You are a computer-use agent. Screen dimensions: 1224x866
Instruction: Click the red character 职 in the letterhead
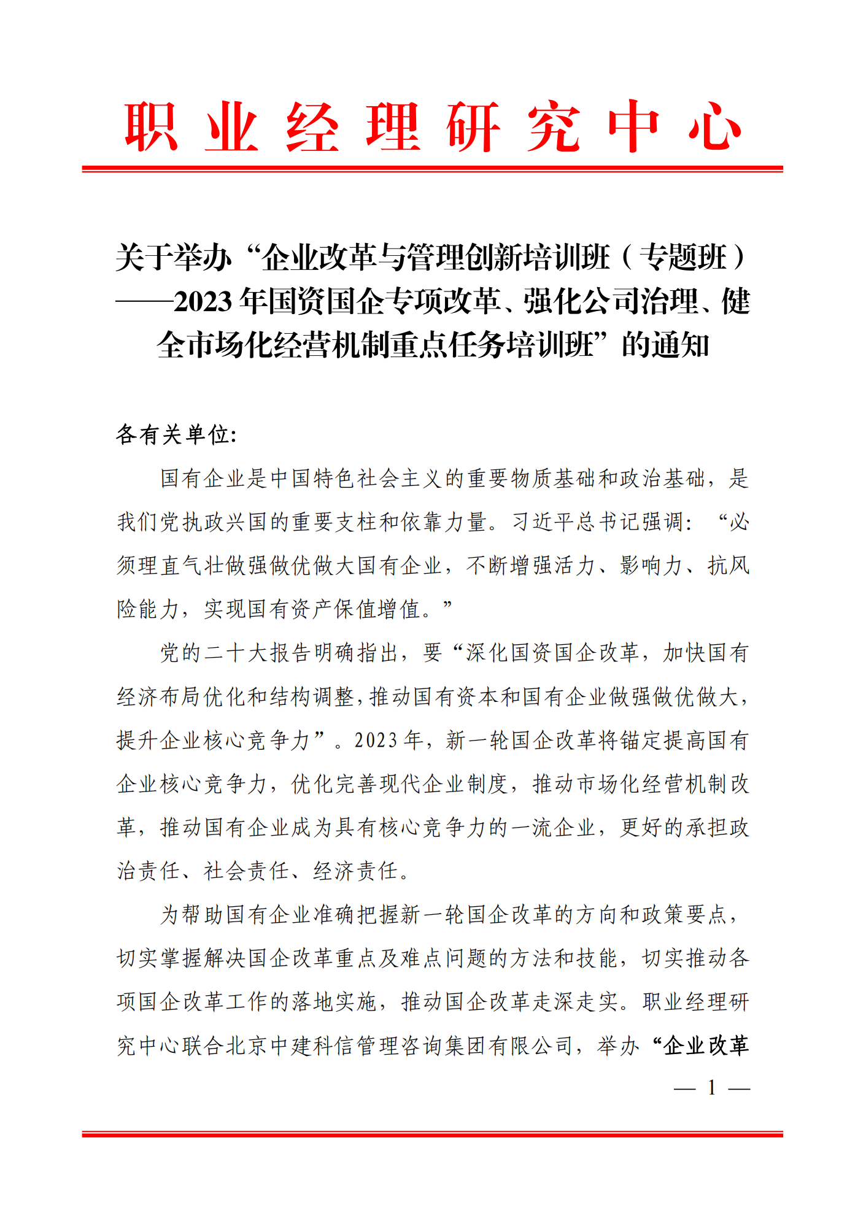coord(151,127)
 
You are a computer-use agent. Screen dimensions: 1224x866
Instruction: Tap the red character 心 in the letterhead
coord(714,127)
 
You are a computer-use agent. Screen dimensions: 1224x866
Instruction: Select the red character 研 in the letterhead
coord(473,127)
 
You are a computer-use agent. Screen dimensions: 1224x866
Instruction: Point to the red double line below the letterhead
coord(432,168)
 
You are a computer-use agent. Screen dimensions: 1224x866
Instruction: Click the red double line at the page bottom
coord(432,1134)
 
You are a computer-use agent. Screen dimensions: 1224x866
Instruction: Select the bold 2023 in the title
coord(203,301)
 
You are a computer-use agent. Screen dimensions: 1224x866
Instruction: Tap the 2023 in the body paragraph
coord(376,741)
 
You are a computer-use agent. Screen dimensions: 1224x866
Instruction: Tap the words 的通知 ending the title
coord(665,345)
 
